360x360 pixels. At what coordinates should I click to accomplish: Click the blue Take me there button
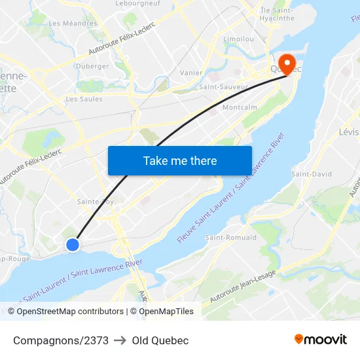click(x=180, y=160)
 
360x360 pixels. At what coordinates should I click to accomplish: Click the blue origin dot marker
click(x=73, y=244)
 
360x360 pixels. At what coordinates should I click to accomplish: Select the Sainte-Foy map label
click(x=96, y=202)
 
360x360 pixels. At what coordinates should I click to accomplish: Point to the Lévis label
click(x=348, y=132)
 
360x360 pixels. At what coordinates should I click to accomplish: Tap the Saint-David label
click(x=312, y=174)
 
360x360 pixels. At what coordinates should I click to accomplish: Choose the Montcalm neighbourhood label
click(x=240, y=107)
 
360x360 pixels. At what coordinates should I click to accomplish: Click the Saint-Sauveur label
click(x=223, y=86)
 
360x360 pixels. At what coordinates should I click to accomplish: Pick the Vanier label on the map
click(x=191, y=73)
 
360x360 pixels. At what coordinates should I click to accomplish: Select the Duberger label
click(x=92, y=66)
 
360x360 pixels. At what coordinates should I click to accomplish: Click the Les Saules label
click(x=84, y=99)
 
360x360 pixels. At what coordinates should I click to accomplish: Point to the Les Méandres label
click(x=73, y=24)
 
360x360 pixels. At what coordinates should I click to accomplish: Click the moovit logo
click(x=321, y=340)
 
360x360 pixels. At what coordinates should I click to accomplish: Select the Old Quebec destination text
click(x=160, y=340)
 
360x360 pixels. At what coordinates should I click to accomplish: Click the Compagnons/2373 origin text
click(x=61, y=340)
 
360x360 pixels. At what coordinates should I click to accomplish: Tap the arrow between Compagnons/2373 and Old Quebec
click(x=120, y=340)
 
